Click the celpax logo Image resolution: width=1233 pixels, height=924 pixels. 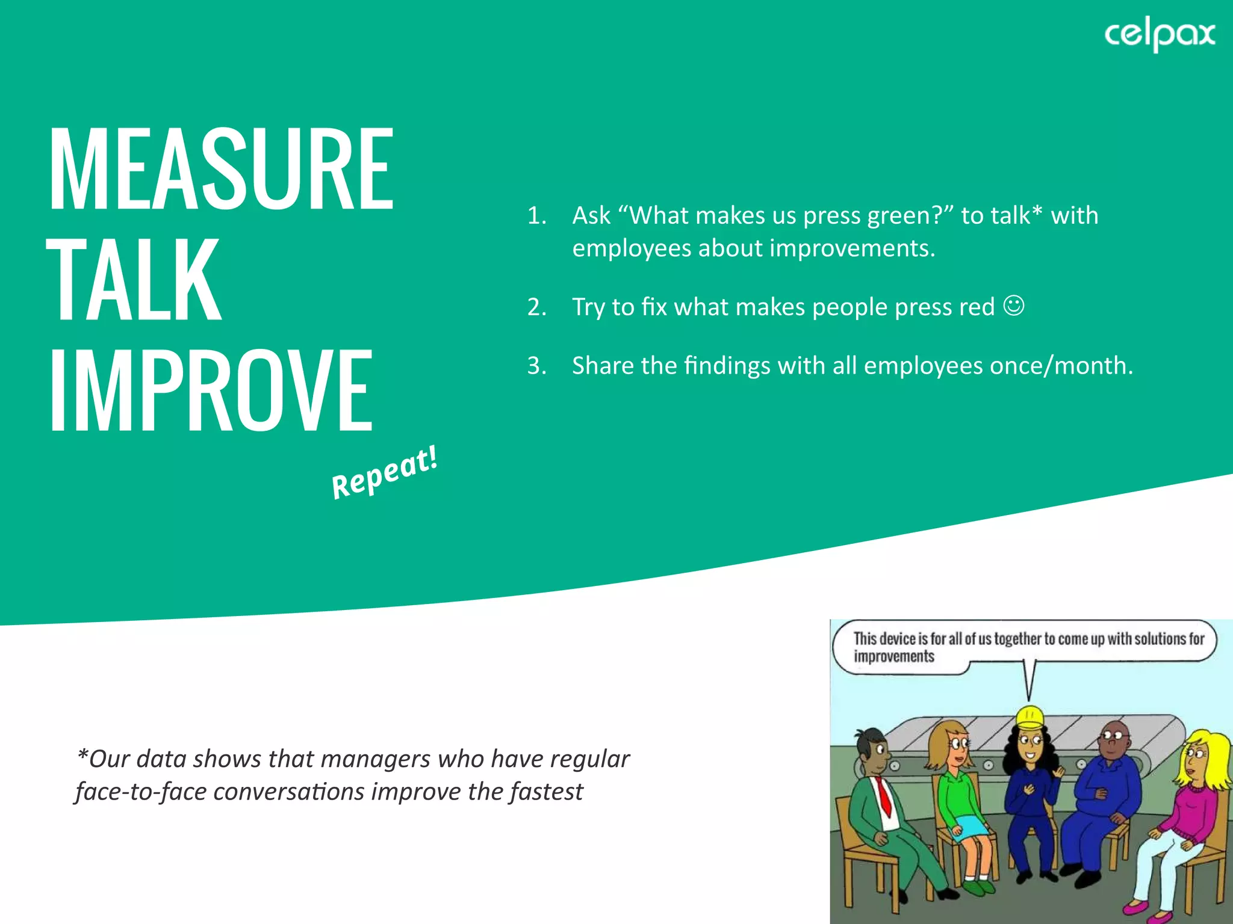1159,35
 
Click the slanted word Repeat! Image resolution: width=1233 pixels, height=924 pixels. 385,473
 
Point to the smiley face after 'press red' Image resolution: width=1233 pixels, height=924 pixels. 1014,306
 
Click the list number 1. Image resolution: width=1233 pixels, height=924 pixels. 536,215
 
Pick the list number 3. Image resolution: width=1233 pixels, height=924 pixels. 536,366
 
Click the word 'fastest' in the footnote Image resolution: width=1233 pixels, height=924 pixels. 546,792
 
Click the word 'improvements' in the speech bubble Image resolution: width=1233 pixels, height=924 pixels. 894,656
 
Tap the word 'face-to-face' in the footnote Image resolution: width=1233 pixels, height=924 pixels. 141,792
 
